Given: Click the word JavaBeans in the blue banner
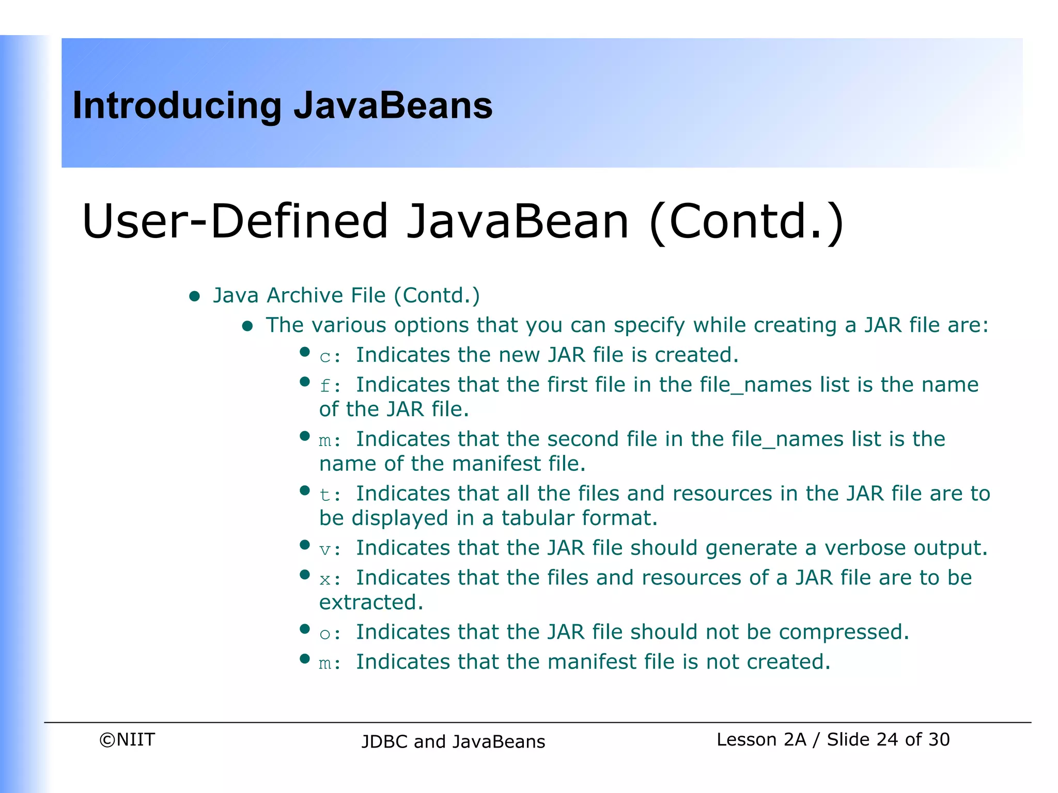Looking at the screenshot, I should tap(393, 105).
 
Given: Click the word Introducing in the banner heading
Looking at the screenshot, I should tap(177, 106).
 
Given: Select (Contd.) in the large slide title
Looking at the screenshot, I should tap(746, 222).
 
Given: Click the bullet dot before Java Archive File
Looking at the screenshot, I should tap(195, 296).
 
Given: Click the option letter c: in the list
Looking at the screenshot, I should tap(330, 356).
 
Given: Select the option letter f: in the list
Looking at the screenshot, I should tap(330, 386).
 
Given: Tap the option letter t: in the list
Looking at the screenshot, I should tap(330, 495).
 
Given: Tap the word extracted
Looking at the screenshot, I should tap(371, 602).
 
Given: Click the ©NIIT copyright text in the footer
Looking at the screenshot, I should tap(127, 739).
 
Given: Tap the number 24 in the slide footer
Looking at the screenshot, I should tap(887, 739).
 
